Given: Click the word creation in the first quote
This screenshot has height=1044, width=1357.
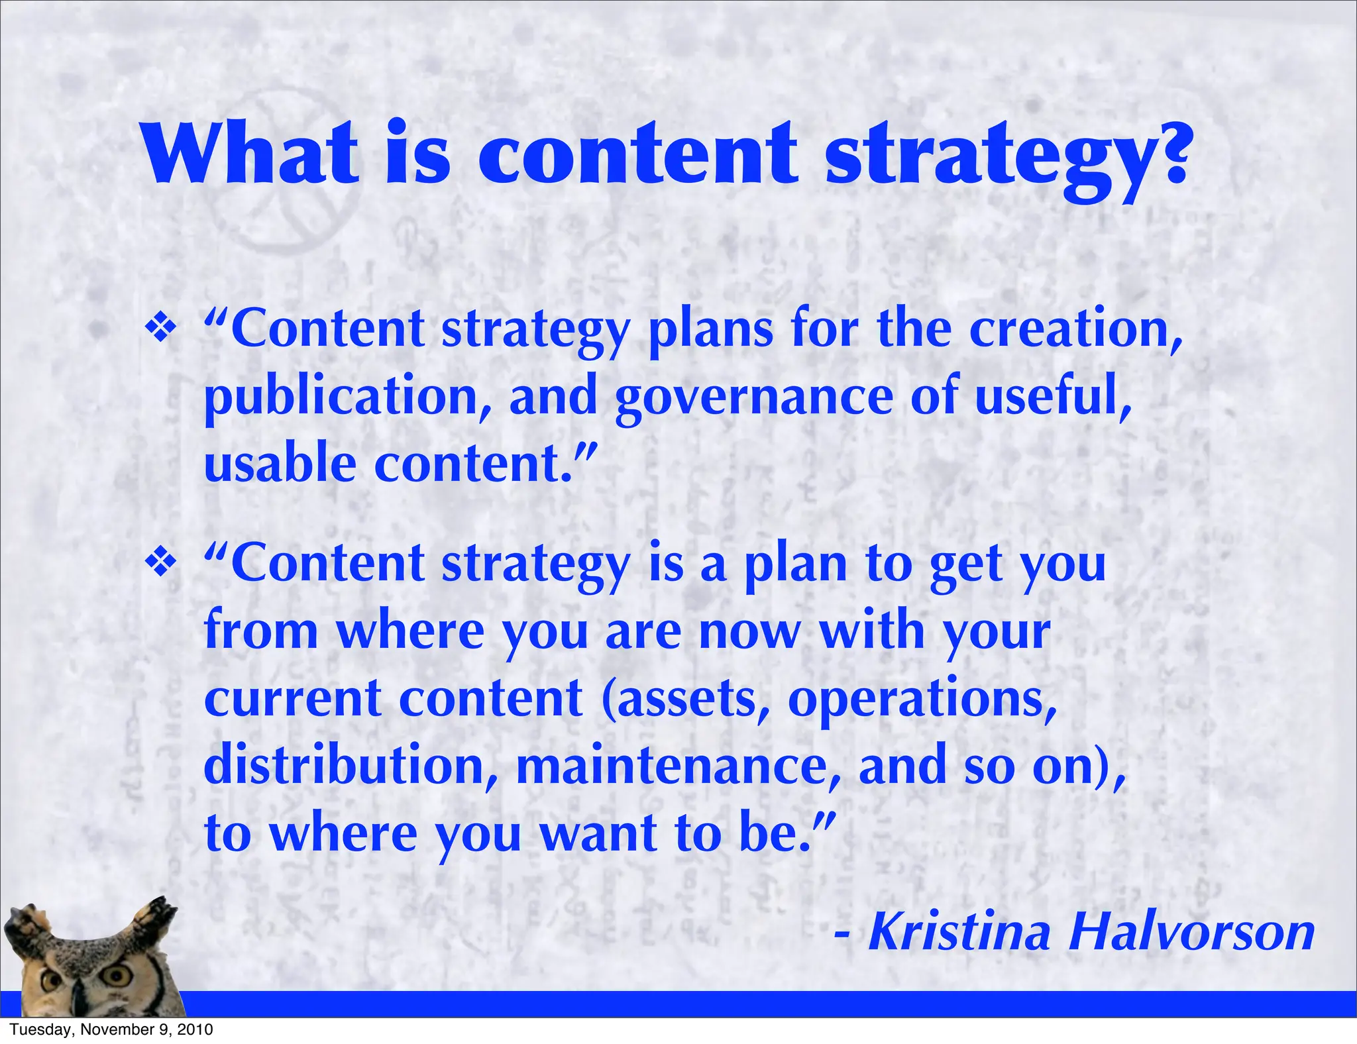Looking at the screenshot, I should [x=1073, y=329].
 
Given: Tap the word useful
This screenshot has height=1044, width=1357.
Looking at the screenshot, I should [x=1052, y=396].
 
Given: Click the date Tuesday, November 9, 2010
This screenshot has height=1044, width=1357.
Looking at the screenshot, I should [x=111, y=1029].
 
